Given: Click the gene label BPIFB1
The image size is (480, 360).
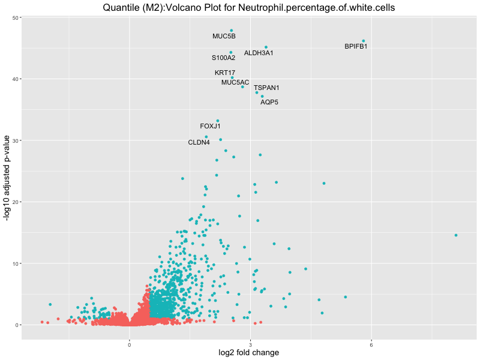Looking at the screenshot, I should (x=356, y=46).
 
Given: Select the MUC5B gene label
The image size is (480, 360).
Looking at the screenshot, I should (x=224, y=37).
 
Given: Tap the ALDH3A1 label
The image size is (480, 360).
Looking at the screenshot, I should (x=259, y=53).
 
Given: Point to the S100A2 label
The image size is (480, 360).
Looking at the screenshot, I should (x=223, y=58).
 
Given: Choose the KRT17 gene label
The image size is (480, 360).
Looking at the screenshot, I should (x=225, y=73).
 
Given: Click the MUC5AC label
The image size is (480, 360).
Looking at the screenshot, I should (x=235, y=83).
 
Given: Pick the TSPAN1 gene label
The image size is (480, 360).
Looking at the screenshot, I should (x=266, y=88).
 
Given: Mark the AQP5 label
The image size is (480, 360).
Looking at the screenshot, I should (x=269, y=103).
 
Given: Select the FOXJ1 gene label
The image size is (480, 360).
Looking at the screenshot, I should (x=210, y=127).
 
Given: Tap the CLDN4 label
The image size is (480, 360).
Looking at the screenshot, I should (x=199, y=143).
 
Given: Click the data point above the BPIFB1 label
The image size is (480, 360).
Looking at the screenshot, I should (x=364, y=41).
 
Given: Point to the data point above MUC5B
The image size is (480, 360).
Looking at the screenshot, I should (x=232, y=31).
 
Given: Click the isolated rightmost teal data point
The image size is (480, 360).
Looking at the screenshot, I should (x=456, y=235).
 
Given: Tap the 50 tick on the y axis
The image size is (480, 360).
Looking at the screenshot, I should (x=15, y=18).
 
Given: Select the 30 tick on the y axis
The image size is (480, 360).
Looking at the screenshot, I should (x=15, y=140).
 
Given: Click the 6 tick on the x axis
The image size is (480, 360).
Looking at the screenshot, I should (x=371, y=344).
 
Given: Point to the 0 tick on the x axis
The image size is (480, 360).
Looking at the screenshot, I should (x=130, y=344).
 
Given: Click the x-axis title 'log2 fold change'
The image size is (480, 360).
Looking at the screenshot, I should (x=248, y=353).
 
